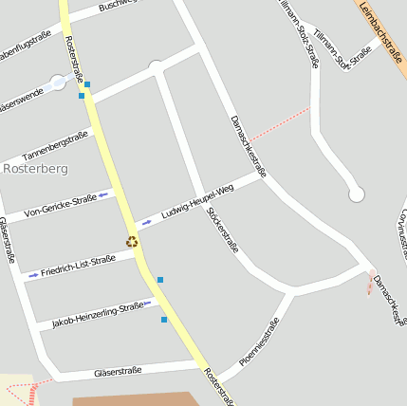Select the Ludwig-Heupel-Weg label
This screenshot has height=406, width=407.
(x=197, y=202)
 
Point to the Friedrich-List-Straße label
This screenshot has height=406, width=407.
(x=78, y=265)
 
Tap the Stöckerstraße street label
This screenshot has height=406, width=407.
(x=223, y=229)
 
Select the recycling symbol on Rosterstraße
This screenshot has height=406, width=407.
(x=132, y=242)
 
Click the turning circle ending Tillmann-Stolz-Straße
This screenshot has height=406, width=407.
(x=357, y=194)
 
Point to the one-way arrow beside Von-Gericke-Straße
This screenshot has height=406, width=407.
(x=103, y=194)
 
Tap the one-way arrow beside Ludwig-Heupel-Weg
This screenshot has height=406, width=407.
(x=146, y=224)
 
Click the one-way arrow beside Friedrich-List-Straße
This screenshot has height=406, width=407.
(x=33, y=275)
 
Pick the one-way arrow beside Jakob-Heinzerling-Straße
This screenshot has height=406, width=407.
(x=148, y=304)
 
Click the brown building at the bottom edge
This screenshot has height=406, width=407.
(x=133, y=400)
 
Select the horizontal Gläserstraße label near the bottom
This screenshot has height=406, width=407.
(x=118, y=371)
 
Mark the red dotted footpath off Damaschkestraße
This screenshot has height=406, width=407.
(x=281, y=123)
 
